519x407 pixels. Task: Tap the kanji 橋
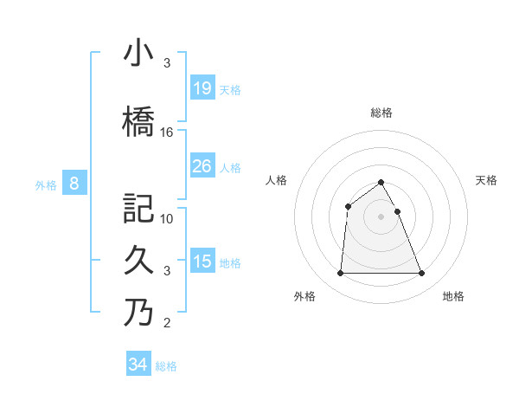(138, 121)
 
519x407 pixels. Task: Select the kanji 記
(138, 208)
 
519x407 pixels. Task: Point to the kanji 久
(138, 260)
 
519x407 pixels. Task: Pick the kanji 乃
(138, 313)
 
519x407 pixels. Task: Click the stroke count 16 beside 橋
(167, 132)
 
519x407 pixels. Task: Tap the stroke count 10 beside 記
(167, 218)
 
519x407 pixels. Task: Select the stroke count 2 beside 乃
(167, 324)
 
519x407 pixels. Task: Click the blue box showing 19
(202, 87)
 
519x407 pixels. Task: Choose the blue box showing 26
(202, 165)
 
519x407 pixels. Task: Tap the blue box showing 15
(202, 261)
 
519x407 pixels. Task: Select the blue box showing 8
(74, 183)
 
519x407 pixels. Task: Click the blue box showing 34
(138, 365)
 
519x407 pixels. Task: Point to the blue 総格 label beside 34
(166, 366)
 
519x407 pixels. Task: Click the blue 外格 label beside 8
(46, 184)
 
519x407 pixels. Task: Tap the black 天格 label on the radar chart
(487, 180)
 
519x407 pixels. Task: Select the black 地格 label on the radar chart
(453, 296)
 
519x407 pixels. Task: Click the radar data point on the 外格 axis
(340, 274)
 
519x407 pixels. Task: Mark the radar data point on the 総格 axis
(381, 182)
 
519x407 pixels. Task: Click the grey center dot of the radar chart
(381, 216)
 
